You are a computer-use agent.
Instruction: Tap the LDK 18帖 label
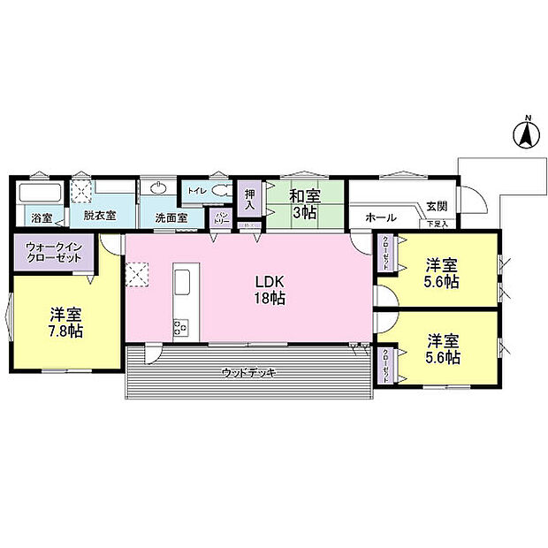270,291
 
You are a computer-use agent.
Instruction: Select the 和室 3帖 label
303,203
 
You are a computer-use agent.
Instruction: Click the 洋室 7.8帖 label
65,323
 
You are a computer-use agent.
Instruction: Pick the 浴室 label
41,217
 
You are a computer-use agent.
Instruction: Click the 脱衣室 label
100,215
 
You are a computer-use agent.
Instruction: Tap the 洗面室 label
171,217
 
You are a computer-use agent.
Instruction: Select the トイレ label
194,189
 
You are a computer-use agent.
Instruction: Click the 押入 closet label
250,198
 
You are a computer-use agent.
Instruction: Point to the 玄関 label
437,206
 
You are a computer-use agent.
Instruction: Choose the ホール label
380,217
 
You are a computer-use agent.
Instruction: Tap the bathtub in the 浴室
39,194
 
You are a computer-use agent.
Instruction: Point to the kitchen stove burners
179,326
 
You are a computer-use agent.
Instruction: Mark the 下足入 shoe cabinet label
438,225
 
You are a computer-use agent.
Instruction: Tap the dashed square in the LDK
138,276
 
